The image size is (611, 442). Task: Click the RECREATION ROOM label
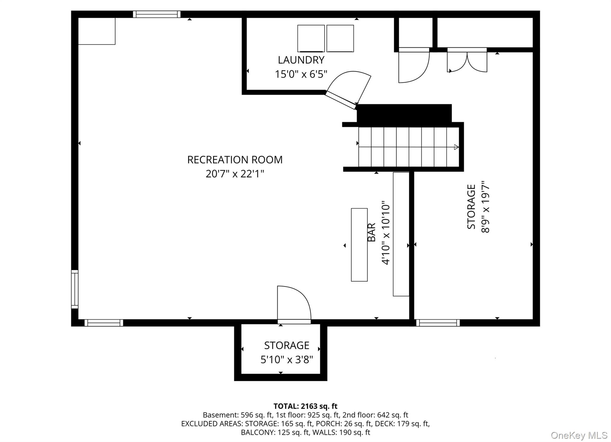(x=235, y=160)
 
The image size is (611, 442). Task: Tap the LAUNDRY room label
(x=301, y=60)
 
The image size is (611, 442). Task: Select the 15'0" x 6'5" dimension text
(x=301, y=74)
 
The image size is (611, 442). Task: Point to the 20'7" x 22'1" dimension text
(x=235, y=174)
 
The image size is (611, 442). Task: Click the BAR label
(x=371, y=233)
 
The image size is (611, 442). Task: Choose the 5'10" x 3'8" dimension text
(x=287, y=360)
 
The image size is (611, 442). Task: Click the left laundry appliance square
(x=311, y=38)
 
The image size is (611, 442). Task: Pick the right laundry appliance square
(x=340, y=38)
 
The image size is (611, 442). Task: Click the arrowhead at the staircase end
(x=456, y=147)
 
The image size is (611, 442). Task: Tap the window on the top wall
(x=157, y=14)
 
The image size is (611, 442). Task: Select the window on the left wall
(x=75, y=289)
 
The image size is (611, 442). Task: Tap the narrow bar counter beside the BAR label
(x=359, y=245)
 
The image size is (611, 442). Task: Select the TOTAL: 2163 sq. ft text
(x=305, y=406)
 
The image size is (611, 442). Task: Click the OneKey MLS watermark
(x=579, y=435)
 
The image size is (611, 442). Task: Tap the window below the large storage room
(x=438, y=323)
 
